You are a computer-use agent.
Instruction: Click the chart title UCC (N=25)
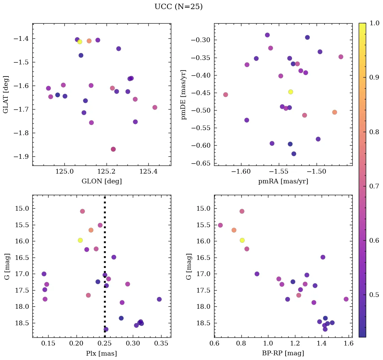[178, 7]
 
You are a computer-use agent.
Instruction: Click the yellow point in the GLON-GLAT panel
[80, 42]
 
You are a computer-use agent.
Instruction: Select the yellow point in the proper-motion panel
[291, 92]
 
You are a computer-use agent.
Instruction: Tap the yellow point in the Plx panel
[80, 240]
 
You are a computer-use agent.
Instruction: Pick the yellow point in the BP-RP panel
[242, 240]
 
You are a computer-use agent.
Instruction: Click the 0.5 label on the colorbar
[374, 295]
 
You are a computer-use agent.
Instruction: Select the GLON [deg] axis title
[101, 181]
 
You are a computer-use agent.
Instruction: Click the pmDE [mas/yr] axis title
[184, 94]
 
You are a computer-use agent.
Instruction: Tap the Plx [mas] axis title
[101, 353]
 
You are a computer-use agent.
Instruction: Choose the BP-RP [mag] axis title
[283, 353]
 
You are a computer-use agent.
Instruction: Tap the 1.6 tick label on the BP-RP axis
[349, 343]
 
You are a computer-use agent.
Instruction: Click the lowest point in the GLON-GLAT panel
[113, 149]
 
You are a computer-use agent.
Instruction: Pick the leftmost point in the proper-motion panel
[226, 94]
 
